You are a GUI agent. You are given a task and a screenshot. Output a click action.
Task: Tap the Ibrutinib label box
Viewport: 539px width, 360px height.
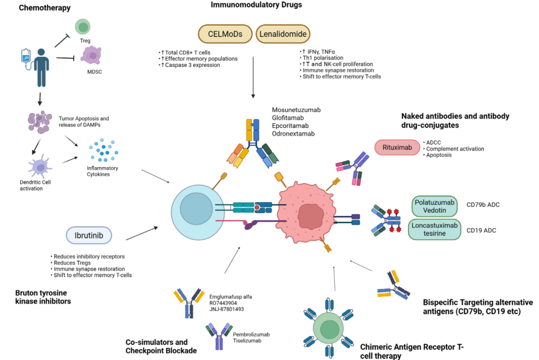pos(93,235)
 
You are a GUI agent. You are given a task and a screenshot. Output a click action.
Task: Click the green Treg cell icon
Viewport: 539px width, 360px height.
pos(82,27)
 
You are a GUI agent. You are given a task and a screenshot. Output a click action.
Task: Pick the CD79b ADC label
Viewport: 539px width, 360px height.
pos(483,204)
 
